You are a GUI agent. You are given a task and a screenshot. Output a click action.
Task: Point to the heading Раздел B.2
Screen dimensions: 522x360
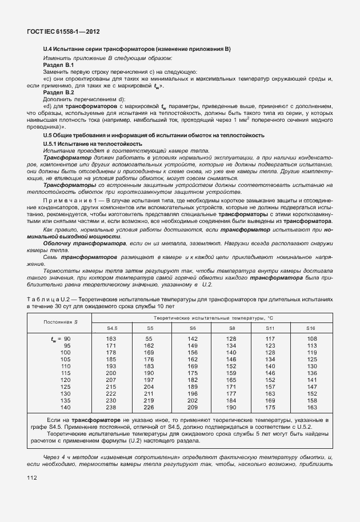tap(59, 92)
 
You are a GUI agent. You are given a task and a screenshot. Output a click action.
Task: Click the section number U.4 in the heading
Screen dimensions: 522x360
tap(48, 50)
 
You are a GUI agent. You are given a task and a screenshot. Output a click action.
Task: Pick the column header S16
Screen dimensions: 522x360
tap(311, 328)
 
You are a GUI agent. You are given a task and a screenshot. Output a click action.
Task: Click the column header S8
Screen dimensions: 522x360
tap(231, 328)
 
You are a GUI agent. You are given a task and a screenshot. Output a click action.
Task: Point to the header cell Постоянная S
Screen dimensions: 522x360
tap(61, 322)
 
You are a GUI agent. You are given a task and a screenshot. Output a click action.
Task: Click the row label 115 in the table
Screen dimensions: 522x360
tap(66, 373)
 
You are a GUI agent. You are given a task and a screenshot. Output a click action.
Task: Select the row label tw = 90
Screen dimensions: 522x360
tap(61, 339)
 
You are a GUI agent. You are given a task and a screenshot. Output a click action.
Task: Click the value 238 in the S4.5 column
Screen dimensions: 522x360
tap(111, 407)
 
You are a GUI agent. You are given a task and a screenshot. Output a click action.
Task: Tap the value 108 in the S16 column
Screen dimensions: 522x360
tap(312, 339)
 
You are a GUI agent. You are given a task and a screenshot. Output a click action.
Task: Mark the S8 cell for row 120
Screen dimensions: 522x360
tap(231, 380)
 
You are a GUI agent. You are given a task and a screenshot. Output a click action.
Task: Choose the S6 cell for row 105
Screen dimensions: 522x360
tap(193, 359)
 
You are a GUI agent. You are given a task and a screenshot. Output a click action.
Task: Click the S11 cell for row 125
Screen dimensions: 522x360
tap(270, 386)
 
